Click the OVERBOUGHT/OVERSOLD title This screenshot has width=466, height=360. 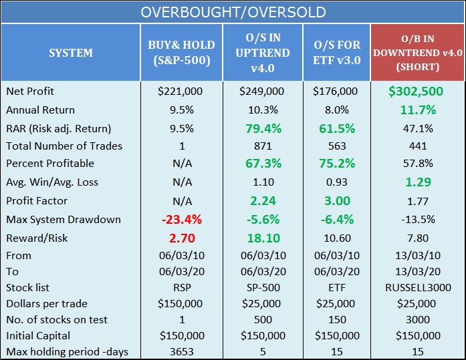click(233, 13)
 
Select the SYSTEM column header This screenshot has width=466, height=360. click(70, 52)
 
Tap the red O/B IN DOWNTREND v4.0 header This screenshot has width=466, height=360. click(418, 52)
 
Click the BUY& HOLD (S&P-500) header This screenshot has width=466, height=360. click(182, 52)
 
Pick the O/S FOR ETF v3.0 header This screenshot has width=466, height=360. click(336, 52)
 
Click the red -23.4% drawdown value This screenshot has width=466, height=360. click(182, 219)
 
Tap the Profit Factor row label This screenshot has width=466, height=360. click(35, 200)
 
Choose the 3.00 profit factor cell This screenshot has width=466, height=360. click(336, 201)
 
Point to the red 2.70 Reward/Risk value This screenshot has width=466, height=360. click(182, 237)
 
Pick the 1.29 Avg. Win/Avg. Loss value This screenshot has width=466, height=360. click(418, 182)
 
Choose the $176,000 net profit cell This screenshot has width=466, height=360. click(336, 92)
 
